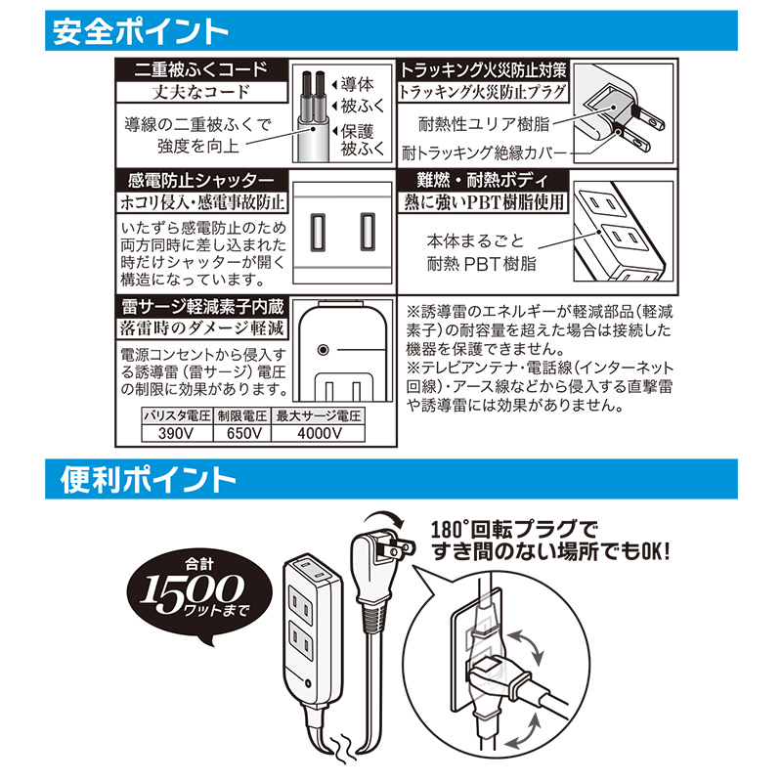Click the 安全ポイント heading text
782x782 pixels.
pos(140,31)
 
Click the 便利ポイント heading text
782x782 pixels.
pos(148,479)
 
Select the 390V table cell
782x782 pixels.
pos(177,433)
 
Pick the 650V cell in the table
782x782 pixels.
pos(242,433)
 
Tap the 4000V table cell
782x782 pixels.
pos(319,433)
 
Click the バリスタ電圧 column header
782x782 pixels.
pos(177,416)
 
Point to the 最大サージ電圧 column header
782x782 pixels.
pos(319,416)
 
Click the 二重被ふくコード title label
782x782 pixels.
pos(201,69)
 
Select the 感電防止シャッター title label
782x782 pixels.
pos(201,180)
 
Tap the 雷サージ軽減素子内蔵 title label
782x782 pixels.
pos(202,306)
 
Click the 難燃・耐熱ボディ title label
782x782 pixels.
pos(483,180)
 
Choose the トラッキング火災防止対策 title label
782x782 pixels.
pos(483,70)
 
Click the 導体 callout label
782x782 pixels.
pos(357,84)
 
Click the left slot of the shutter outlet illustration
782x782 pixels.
pos(319,232)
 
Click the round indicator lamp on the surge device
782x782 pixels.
pos(323,350)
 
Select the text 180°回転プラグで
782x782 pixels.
pos(514,529)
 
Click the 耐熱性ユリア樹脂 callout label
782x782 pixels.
pos(484,124)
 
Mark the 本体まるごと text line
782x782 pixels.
pos(475,241)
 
